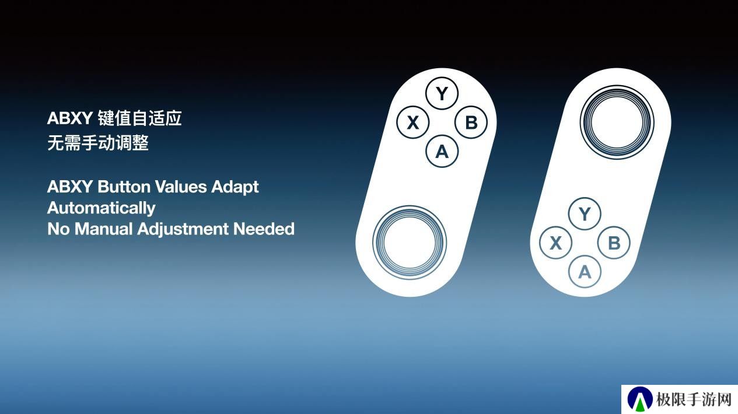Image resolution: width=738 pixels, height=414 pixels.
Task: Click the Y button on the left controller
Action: click(x=442, y=93)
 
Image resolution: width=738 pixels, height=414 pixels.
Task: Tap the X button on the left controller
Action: click(x=413, y=122)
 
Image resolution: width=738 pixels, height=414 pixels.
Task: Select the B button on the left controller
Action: click(x=471, y=122)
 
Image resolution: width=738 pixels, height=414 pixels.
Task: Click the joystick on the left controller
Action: click(x=410, y=243)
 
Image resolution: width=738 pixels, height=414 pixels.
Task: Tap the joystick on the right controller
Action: click(x=617, y=122)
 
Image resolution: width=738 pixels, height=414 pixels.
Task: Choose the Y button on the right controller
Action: click(x=585, y=214)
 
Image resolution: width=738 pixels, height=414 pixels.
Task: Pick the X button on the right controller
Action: click(x=556, y=243)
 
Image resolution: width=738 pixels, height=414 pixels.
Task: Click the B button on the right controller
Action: click(x=614, y=243)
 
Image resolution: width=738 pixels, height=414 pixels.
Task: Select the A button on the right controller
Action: click(x=585, y=272)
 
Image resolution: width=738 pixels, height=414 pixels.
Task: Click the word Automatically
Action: click(x=102, y=208)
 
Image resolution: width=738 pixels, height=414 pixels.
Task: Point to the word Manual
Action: click(x=103, y=229)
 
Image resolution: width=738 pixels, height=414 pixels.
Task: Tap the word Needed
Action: click(x=264, y=229)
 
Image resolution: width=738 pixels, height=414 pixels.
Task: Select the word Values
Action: click(x=180, y=187)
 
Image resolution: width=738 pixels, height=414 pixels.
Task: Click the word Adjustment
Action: click(x=183, y=229)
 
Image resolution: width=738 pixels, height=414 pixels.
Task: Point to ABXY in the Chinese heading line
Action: click(x=70, y=118)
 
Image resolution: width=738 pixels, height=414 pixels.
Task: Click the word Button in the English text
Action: click(x=124, y=187)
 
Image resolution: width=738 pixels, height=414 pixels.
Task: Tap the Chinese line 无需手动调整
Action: click(x=98, y=143)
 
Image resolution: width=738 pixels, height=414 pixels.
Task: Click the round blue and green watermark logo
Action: click(x=640, y=399)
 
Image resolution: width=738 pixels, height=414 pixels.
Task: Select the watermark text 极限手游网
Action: click(x=694, y=399)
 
